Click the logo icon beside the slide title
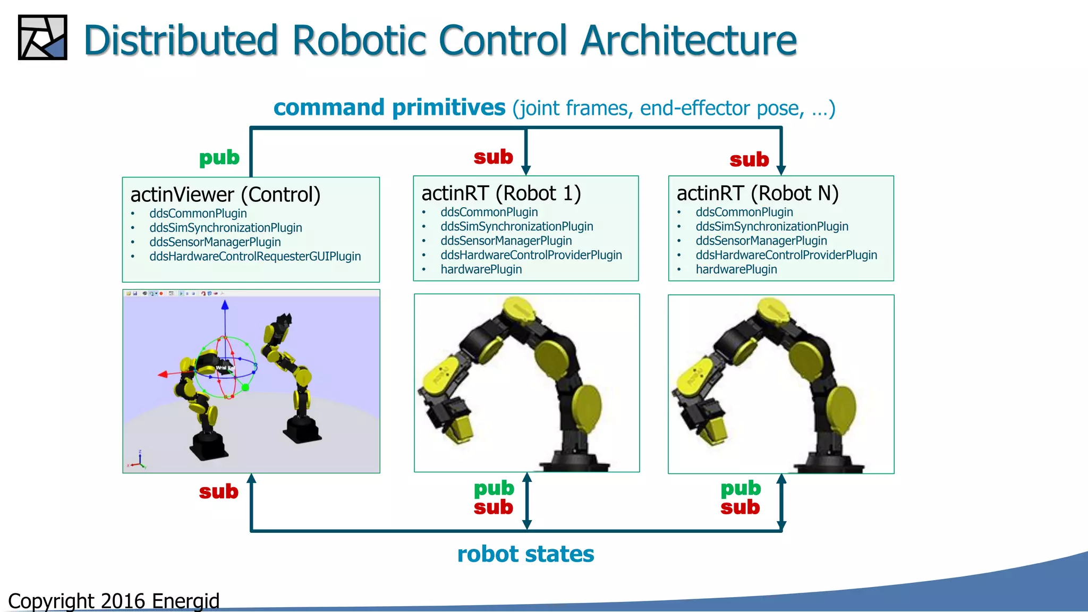click(x=42, y=37)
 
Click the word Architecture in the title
click(x=688, y=40)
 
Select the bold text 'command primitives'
click(x=389, y=108)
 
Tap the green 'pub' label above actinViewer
click(x=219, y=158)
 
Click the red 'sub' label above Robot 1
click(x=493, y=157)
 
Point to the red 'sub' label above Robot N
click(x=749, y=159)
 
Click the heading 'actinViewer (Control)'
click(x=225, y=195)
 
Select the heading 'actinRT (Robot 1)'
click(x=501, y=193)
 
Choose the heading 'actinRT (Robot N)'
click(x=758, y=193)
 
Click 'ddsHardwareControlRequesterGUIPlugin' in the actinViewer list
click(x=255, y=257)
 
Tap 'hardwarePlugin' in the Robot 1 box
click(x=481, y=270)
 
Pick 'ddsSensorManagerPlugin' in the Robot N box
click(x=761, y=241)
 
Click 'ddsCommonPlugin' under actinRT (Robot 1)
click(x=489, y=212)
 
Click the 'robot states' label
click(x=525, y=554)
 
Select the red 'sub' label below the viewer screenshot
click(x=218, y=491)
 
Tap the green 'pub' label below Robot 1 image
click(x=494, y=488)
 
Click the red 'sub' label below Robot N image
click(x=740, y=507)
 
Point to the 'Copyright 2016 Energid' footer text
click(x=114, y=601)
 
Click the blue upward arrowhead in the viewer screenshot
click(x=225, y=305)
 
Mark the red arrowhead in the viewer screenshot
click(x=163, y=375)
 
